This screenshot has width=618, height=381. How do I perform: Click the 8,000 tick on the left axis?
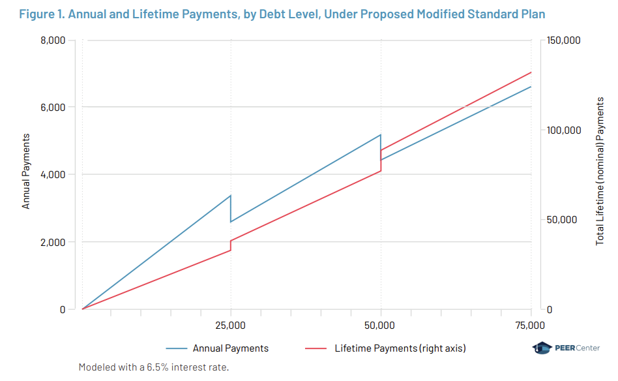(52, 40)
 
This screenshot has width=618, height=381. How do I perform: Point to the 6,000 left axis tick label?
(52, 107)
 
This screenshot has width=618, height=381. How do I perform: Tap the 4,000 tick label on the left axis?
(52, 175)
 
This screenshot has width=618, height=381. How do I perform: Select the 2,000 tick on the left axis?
(52, 242)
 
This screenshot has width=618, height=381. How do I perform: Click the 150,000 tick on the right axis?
(563, 40)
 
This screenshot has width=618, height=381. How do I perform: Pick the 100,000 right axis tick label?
(563, 130)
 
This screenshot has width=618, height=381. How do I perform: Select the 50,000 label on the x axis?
(381, 325)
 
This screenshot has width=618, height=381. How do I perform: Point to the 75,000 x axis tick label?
(531, 325)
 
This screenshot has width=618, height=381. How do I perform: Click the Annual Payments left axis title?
(26, 171)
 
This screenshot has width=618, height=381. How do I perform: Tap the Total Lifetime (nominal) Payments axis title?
(600, 171)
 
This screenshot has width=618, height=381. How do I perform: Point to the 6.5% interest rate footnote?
(154, 367)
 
